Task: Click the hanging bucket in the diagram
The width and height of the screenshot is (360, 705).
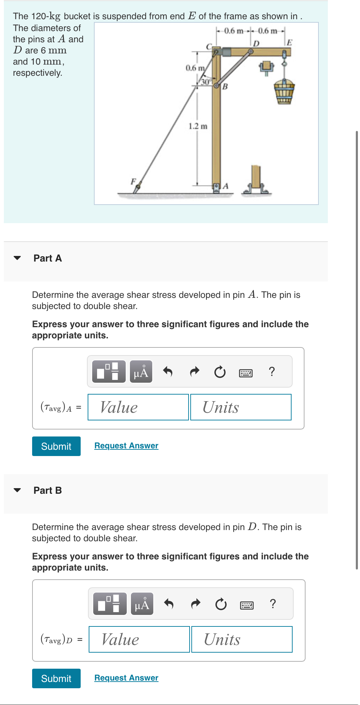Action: coord(284,91)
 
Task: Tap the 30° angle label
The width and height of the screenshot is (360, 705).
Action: coord(206,82)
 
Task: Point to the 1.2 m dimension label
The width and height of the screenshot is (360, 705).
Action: coord(198,126)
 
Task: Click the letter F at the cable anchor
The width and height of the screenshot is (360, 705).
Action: coord(133,181)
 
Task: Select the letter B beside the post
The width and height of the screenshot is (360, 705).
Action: coord(225,86)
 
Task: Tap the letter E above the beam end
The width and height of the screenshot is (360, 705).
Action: coord(289,43)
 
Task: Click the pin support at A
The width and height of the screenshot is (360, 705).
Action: coord(216,188)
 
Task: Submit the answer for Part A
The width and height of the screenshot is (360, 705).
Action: coord(56,446)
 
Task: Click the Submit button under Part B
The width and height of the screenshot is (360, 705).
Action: coord(56,678)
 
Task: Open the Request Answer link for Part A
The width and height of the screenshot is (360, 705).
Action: coord(126,446)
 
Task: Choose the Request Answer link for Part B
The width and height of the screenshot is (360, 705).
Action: coord(126,678)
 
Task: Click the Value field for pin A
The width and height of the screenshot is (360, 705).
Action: coord(138,407)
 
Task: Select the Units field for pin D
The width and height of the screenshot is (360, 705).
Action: coord(242,639)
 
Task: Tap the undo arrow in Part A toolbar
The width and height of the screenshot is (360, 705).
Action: coord(168,372)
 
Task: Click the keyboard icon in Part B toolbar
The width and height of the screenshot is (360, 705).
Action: coord(247,605)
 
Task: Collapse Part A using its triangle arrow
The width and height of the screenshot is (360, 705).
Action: coord(17,258)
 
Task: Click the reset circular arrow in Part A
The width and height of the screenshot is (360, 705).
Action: coord(220,372)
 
